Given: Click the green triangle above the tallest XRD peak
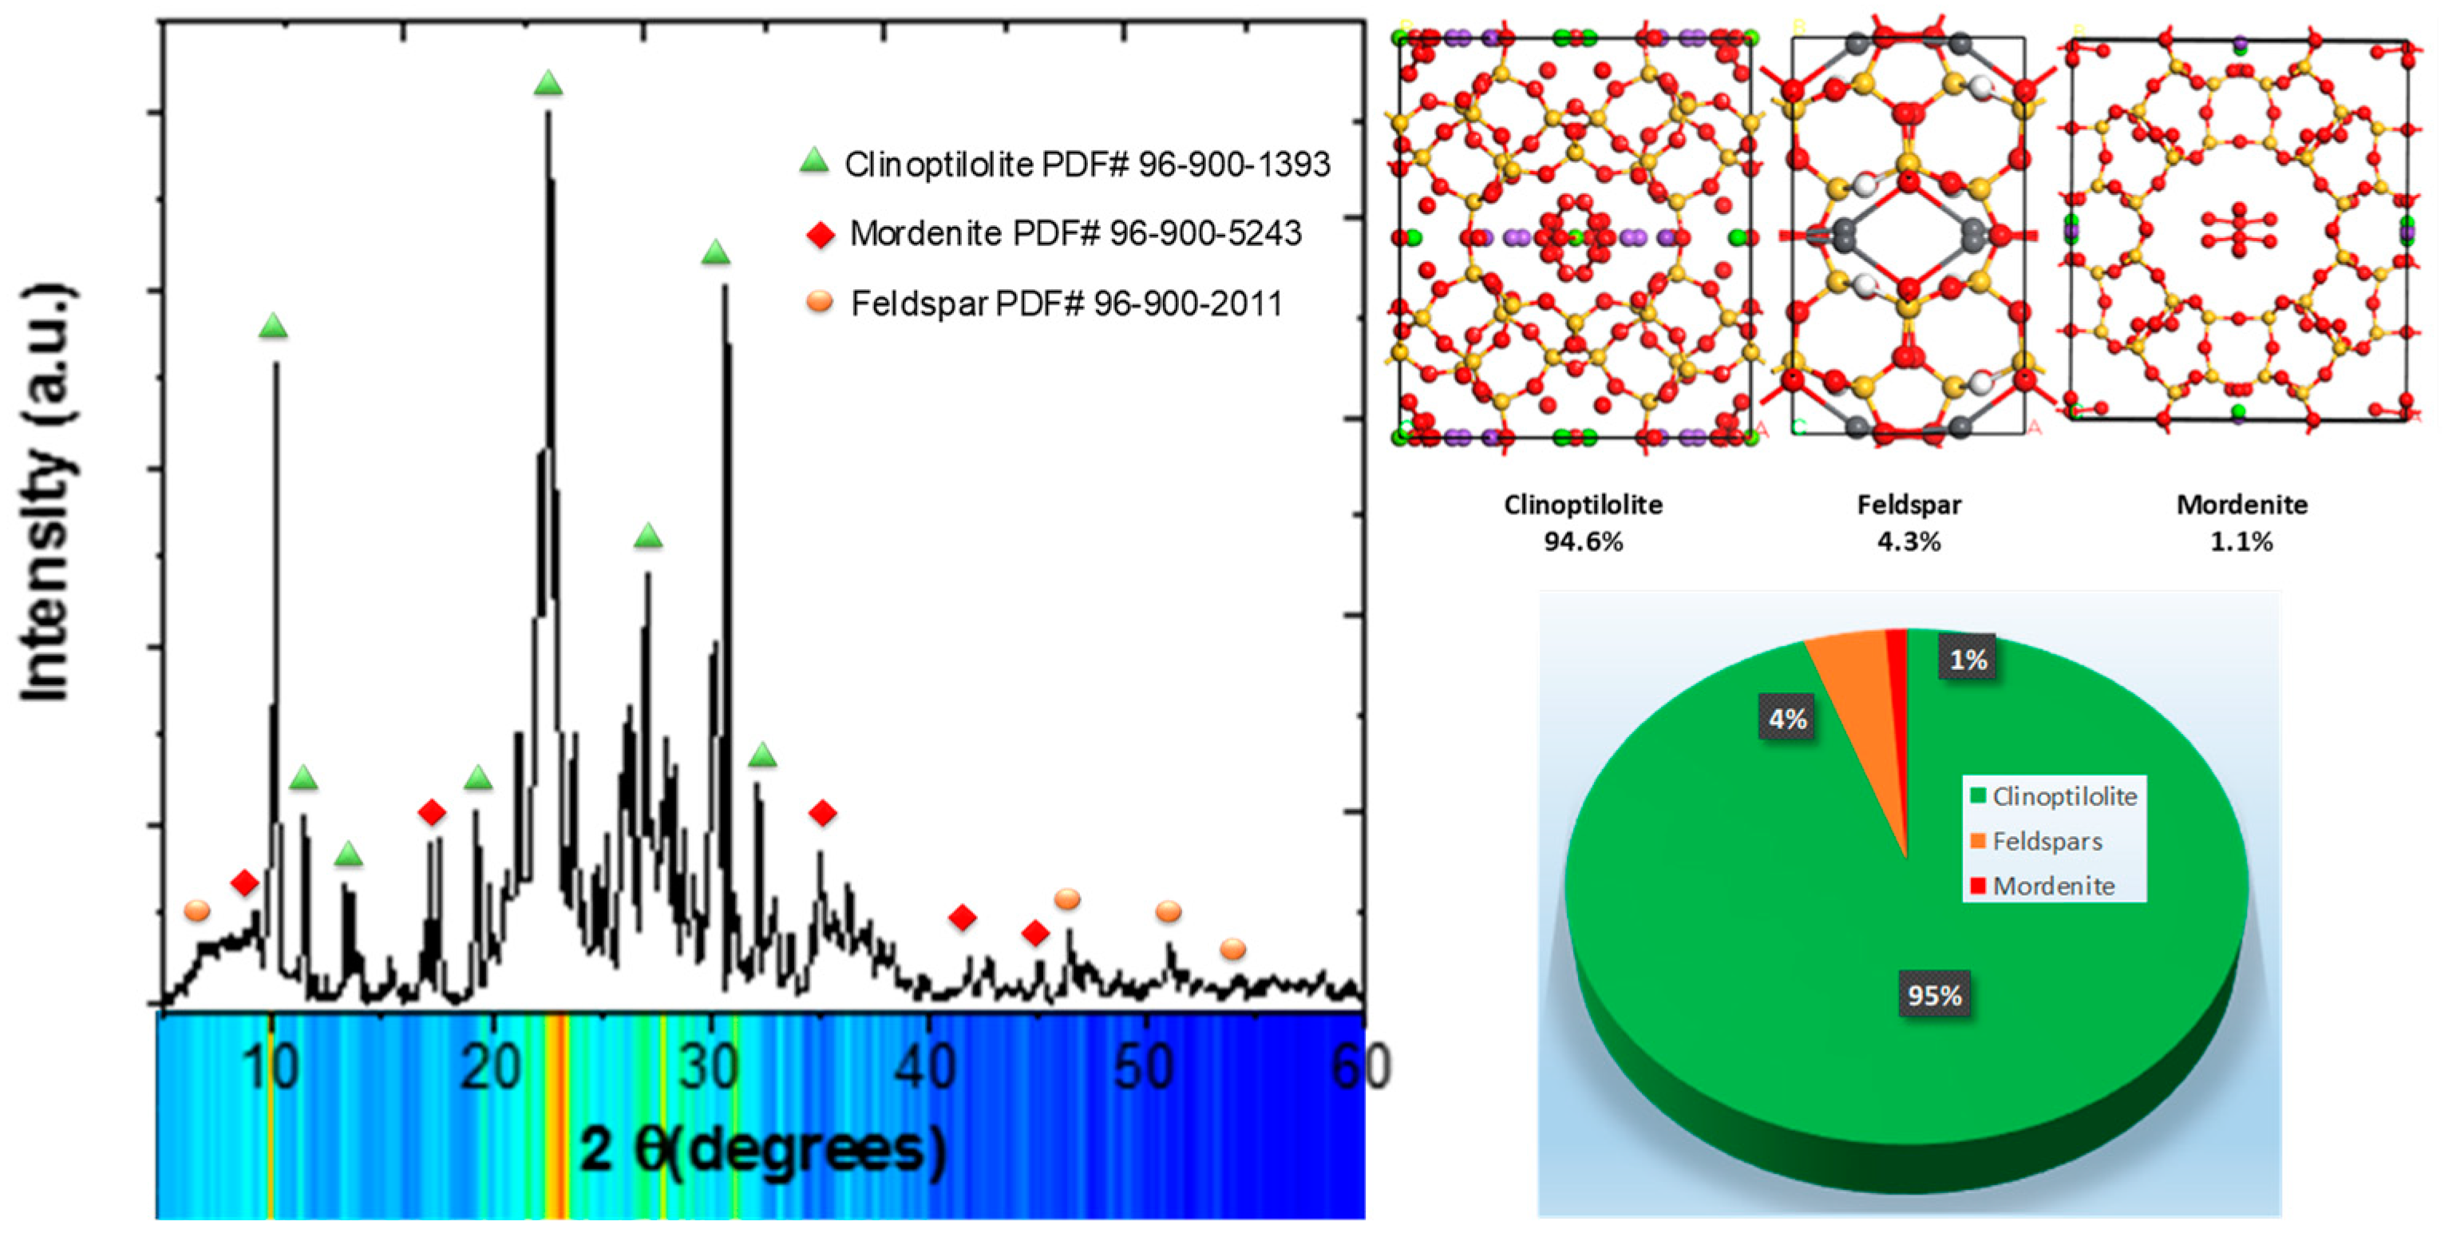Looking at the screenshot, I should (548, 83).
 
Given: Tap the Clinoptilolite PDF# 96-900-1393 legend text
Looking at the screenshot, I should (1087, 165).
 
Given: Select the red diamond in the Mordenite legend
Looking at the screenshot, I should (821, 234).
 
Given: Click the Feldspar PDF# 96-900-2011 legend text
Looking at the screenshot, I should (1066, 303).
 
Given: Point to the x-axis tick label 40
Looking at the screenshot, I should (925, 1067).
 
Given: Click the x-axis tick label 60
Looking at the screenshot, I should (1361, 1067).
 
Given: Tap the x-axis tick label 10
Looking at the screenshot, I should (271, 1067).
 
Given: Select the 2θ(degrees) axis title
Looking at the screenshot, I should (762, 1149).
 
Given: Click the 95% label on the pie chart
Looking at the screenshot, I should (1934, 995).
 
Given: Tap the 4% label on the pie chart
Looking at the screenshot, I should (1787, 718).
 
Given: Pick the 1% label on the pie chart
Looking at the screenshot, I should (1968, 659).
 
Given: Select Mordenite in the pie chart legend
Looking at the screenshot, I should (2053, 886).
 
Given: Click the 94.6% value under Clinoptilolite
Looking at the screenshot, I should (1582, 541).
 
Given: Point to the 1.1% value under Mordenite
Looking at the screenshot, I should (2240, 541).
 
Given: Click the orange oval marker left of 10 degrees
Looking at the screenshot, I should (196, 910).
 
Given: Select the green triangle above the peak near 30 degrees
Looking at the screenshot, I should (715, 253).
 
